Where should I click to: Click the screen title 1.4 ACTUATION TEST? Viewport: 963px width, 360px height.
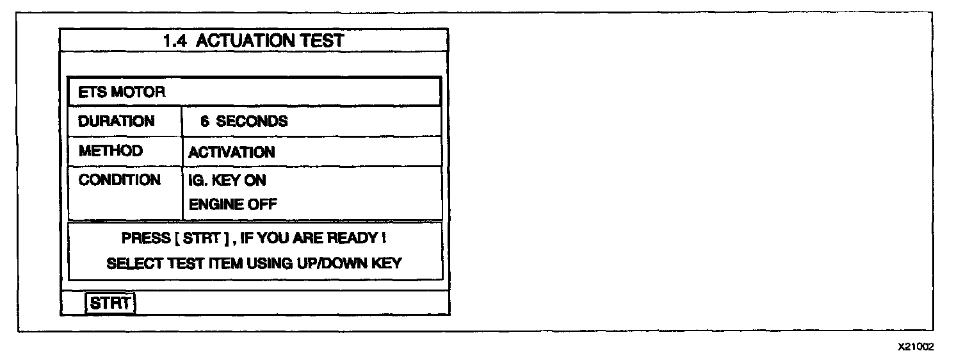point(254,41)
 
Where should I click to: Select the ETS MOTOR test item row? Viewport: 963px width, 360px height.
point(254,92)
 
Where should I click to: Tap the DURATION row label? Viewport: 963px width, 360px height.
point(117,121)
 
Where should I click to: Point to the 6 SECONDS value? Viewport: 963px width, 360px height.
point(244,122)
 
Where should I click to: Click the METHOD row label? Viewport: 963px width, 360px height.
point(111,151)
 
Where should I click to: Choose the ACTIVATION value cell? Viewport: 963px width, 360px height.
point(232,152)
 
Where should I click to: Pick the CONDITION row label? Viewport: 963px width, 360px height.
point(120,180)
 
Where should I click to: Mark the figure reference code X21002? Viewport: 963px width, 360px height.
point(916,347)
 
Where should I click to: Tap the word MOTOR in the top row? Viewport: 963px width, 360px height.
point(142,92)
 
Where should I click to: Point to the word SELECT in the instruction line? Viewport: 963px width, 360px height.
point(130,263)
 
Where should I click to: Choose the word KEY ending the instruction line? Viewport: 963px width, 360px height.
point(387,263)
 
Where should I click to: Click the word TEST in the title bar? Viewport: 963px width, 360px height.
point(322,41)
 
